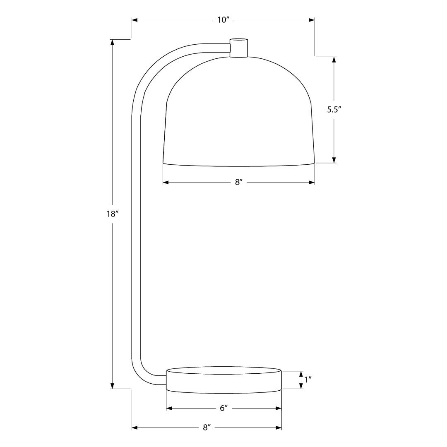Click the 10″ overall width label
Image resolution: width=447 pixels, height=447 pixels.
(x=223, y=20)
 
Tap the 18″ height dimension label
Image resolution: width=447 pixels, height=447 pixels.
(x=113, y=214)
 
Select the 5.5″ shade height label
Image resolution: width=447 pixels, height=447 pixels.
(x=334, y=110)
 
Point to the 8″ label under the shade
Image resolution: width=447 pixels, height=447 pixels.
(x=239, y=183)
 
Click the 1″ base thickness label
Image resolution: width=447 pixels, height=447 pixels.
(x=308, y=380)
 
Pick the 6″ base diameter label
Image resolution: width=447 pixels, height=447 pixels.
(x=223, y=408)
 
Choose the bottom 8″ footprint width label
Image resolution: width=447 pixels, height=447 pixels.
(x=207, y=428)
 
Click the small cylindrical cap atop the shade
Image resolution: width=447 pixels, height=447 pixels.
(x=239, y=48)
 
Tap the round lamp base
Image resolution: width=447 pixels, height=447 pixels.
(x=224, y=381)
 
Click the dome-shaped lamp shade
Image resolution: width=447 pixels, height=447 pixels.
(x=239, y=111)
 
